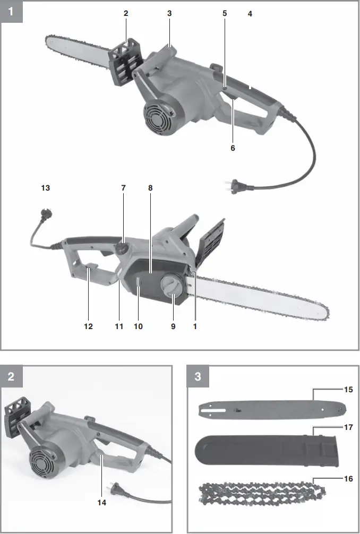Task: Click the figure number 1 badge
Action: click(x=11, y=11)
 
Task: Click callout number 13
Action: click(x=45, y=187)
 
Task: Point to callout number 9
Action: click(x=173, y=326)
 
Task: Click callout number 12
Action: click(x=88, y=326)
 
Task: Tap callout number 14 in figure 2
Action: click(x=101, y=502)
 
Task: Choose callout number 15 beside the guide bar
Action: click(x=348, y=390)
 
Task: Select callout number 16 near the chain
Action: click(x=348, y=478)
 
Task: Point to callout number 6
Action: click(x=233, y=148)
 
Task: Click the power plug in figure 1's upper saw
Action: click(x=234, y=186)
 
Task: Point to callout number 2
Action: click(x=126, y=13)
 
